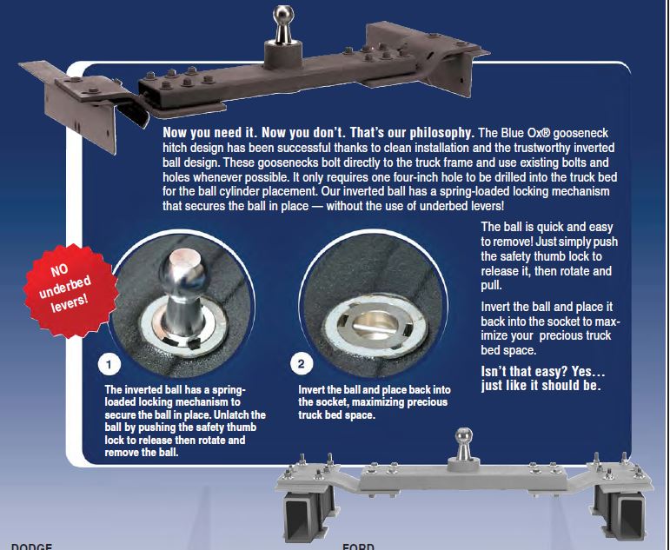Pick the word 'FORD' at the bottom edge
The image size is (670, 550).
[357, 546]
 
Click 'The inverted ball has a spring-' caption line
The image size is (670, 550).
[176, 389]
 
